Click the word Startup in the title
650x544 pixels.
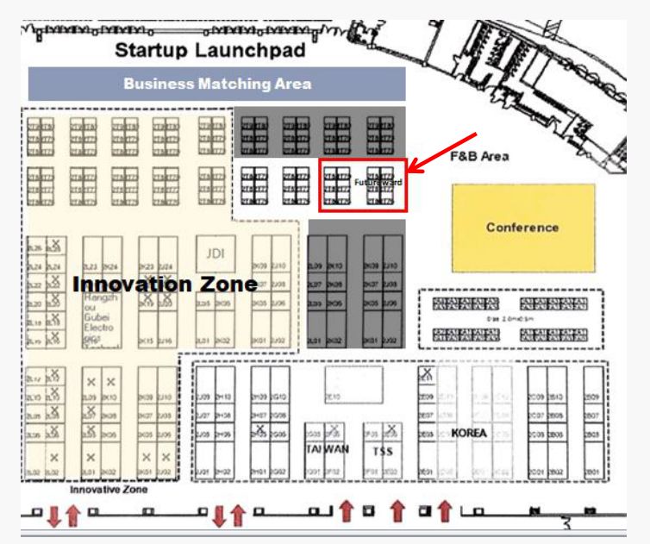(153, 51)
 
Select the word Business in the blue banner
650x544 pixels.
(159, 84)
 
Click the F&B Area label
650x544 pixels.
(480, 157)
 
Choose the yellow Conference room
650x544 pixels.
(522, 228)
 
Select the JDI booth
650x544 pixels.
(215, 253)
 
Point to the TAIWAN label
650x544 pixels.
(326, 449)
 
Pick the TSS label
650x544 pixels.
(381, 451)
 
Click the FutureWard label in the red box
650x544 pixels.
(378, 182)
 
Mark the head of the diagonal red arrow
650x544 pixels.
(413, 168)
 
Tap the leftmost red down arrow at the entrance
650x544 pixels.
(53, 516)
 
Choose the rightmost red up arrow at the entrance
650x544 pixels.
(445, 512)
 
